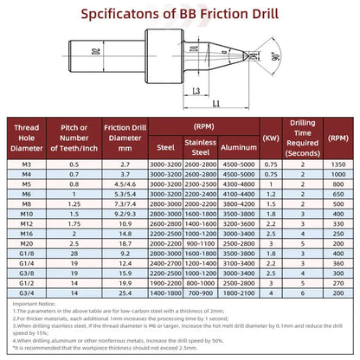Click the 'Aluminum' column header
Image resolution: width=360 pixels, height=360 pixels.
238,146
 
